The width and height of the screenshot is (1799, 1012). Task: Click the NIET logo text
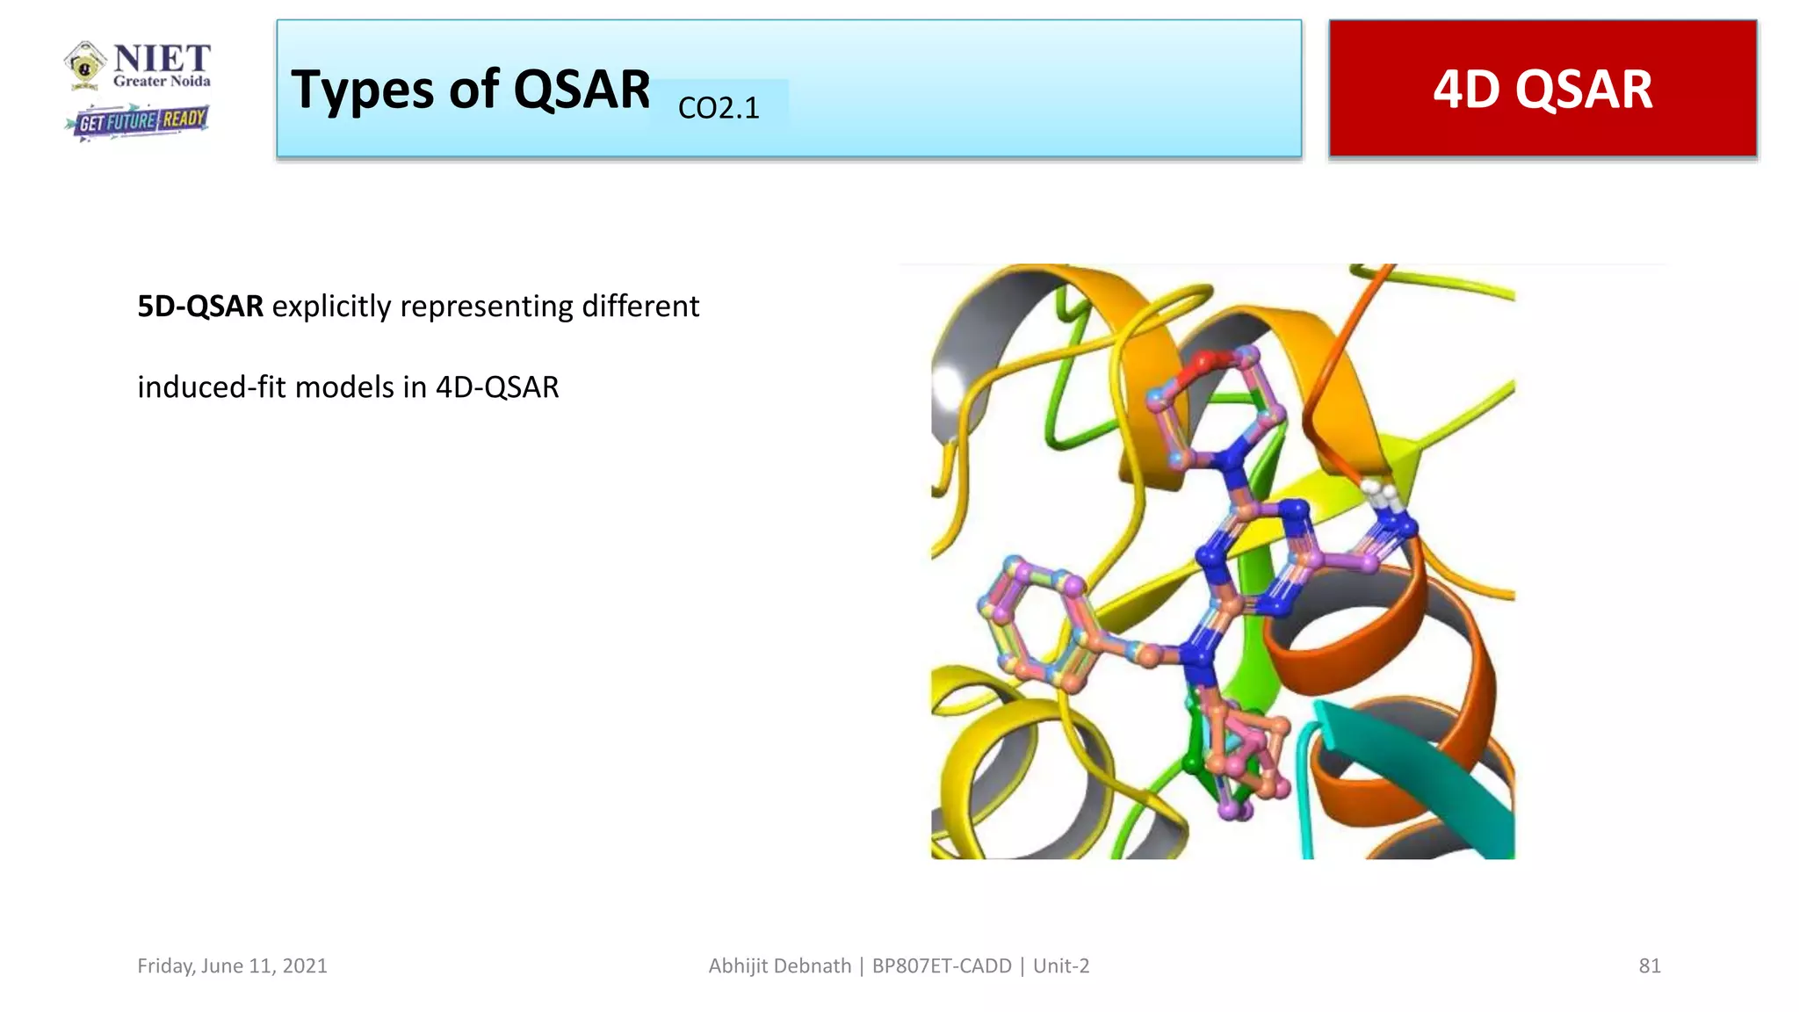point(162,59)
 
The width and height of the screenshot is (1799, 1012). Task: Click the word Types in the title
point(362,90)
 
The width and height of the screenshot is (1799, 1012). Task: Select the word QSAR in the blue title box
point(581,90)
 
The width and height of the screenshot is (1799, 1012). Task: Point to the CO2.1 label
point(719,108)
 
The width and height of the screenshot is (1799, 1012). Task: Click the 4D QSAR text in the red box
point(1543,90)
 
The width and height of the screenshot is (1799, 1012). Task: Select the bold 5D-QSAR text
point(200,307)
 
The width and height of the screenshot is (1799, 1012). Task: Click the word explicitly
point(331,307)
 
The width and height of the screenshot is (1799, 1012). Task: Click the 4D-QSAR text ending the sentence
point(497,387)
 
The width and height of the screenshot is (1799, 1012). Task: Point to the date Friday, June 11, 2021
point(232,965)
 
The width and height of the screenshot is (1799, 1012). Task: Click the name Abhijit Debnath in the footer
point(779,965)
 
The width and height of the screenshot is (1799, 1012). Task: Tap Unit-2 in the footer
point(1061,965)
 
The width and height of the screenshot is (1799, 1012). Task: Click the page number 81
point(1649,965)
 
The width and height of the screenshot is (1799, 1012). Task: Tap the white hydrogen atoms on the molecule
point(1379,493)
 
